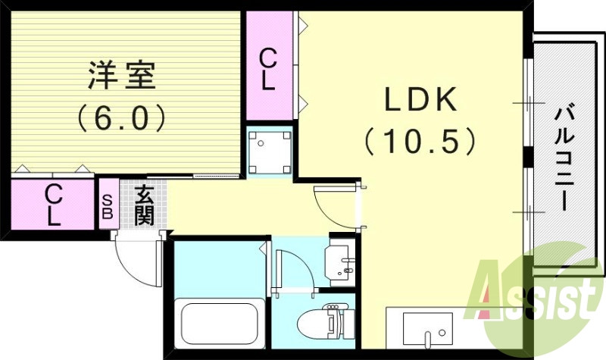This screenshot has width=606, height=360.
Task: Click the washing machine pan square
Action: (x=270, y=151)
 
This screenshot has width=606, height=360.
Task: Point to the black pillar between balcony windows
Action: (x=529, y=160)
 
